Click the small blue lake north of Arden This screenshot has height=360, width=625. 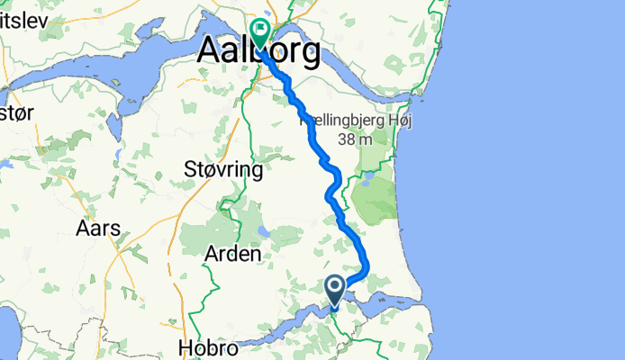(x=262, y=229)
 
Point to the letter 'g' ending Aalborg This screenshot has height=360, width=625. (x=307, y=56)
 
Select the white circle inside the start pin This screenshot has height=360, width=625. (x=334, y=287)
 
